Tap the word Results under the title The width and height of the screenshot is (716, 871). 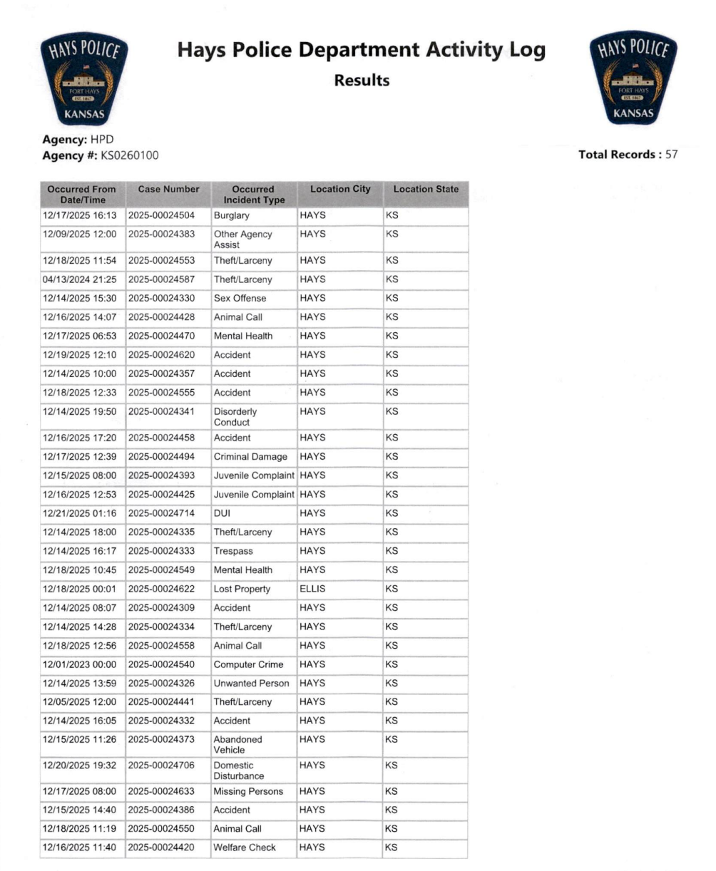coord(362,81)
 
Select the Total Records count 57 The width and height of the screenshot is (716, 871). coord(671,155)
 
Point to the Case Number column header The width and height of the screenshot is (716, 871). coord(168,190)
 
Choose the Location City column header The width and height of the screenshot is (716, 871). coord(340,190)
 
